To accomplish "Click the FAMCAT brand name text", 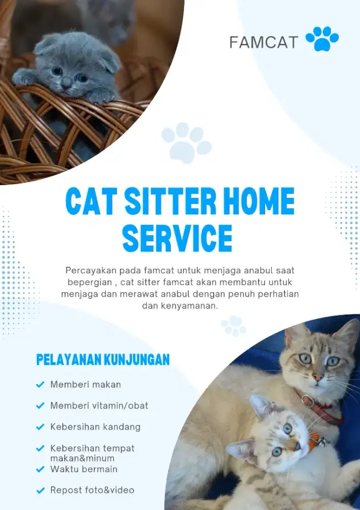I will (263, 42).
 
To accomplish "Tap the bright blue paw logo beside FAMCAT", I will (322, 39).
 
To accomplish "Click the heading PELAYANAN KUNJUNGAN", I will (102, 360).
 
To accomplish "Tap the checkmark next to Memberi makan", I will (40, 385).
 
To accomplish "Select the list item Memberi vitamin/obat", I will (99, 405).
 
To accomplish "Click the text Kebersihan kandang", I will (95, 426).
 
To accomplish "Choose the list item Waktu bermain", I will (84, 469).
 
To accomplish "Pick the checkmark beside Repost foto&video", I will (40, 491).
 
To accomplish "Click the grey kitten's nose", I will (66, 81).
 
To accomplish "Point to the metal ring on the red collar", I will (307, 402).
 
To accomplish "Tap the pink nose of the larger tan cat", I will (317, 378).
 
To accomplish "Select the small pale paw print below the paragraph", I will (234, 325).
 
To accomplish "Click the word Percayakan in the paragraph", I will (90, 269).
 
